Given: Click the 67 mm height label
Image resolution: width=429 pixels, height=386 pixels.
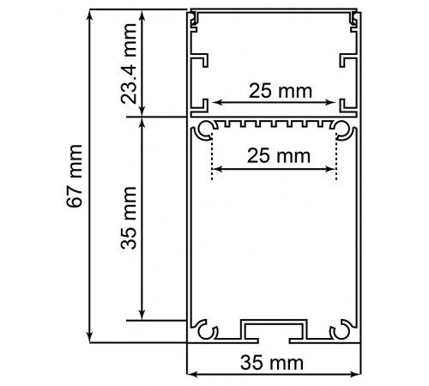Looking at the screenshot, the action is (x=75, y=176).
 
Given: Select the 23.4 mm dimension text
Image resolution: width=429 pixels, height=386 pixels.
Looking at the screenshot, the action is (x=129, y=63).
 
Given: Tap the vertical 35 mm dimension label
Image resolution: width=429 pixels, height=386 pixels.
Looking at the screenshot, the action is (x=129, y=218).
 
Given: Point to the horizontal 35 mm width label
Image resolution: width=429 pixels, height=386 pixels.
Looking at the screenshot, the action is (x=272, y=363).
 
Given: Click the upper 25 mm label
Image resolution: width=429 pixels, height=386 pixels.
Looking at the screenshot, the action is (x=281, y=91).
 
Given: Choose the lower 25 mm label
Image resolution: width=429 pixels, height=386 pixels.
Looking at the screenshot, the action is (x=279, y=156).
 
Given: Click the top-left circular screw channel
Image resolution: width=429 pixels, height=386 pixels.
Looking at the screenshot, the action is (x=203, y=130).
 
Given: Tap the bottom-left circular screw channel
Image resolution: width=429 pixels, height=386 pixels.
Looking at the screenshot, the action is (x=204, y=330).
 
